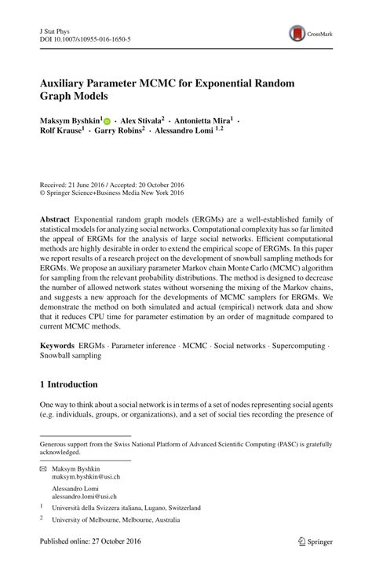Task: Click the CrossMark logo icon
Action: point(297,33)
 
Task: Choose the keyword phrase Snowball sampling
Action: point(70,356)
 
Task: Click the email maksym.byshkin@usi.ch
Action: point(86,477)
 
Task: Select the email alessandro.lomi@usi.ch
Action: point(87,497)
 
